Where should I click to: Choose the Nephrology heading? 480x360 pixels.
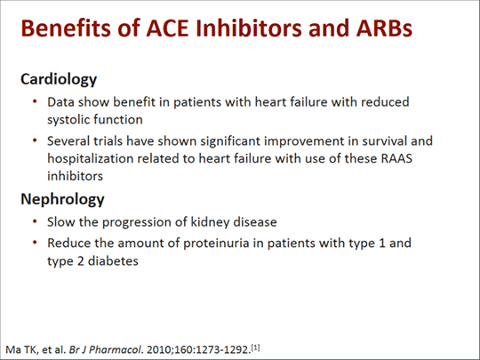tap(62, 198)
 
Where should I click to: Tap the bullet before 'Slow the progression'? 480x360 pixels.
tap(35, 221)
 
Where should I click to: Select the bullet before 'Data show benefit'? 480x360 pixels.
tap(35, 101)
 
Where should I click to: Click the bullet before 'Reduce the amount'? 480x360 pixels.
tap(35, 243)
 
